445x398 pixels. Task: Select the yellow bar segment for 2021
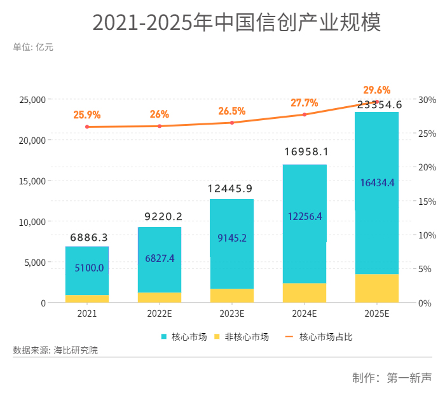click(x=87, y=299)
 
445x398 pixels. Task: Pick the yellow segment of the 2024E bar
click(x=305, y=292)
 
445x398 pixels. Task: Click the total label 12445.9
click(x=231, y=189)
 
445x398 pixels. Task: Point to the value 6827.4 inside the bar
click(x=160, y=258)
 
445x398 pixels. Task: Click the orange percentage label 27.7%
click(x=304, y=103)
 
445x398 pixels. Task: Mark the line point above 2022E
click(x=160, y=126)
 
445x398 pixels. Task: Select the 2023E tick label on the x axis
click(x=231, y=314)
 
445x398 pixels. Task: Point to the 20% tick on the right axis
click(x=427, y=167)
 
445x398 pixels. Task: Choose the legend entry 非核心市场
click(x=242, y=337)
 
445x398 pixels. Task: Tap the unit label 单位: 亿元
click(x=33, y=46)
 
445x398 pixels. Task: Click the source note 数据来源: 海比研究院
click(x=55, y=350)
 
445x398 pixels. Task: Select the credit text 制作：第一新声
click(x=392, y=378)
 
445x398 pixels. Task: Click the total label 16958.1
click(x=304, y=153)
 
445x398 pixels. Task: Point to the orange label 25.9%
click(x=87, y=115)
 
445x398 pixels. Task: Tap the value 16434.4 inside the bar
click(x=377, y=183)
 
